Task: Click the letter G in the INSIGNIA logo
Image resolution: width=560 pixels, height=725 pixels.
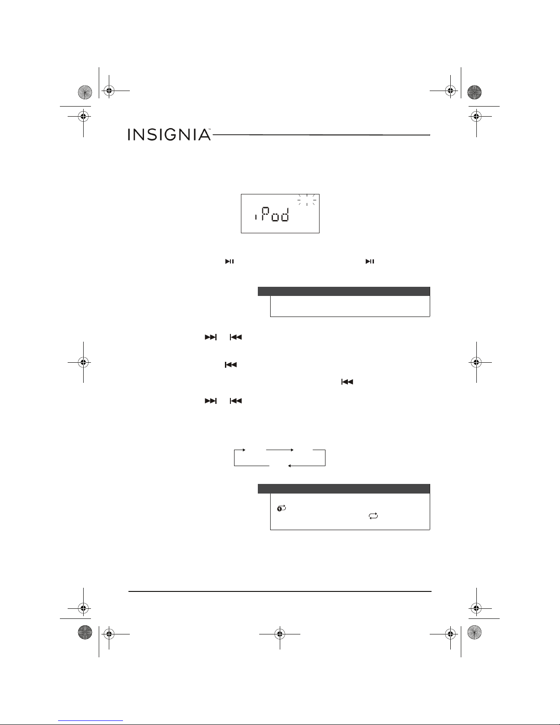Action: point(166,134)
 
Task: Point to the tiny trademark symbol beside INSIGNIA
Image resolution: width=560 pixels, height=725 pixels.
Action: point(210,129)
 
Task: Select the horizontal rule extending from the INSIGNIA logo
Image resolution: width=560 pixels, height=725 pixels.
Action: point(321,135)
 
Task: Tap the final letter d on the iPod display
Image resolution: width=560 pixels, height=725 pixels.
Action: point(285,215)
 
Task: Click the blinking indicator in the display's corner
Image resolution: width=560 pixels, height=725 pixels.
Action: point(307,199)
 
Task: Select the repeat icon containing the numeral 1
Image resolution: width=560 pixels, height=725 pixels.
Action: point(281,509)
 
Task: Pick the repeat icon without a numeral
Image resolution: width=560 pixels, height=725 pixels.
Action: point(373,516)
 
